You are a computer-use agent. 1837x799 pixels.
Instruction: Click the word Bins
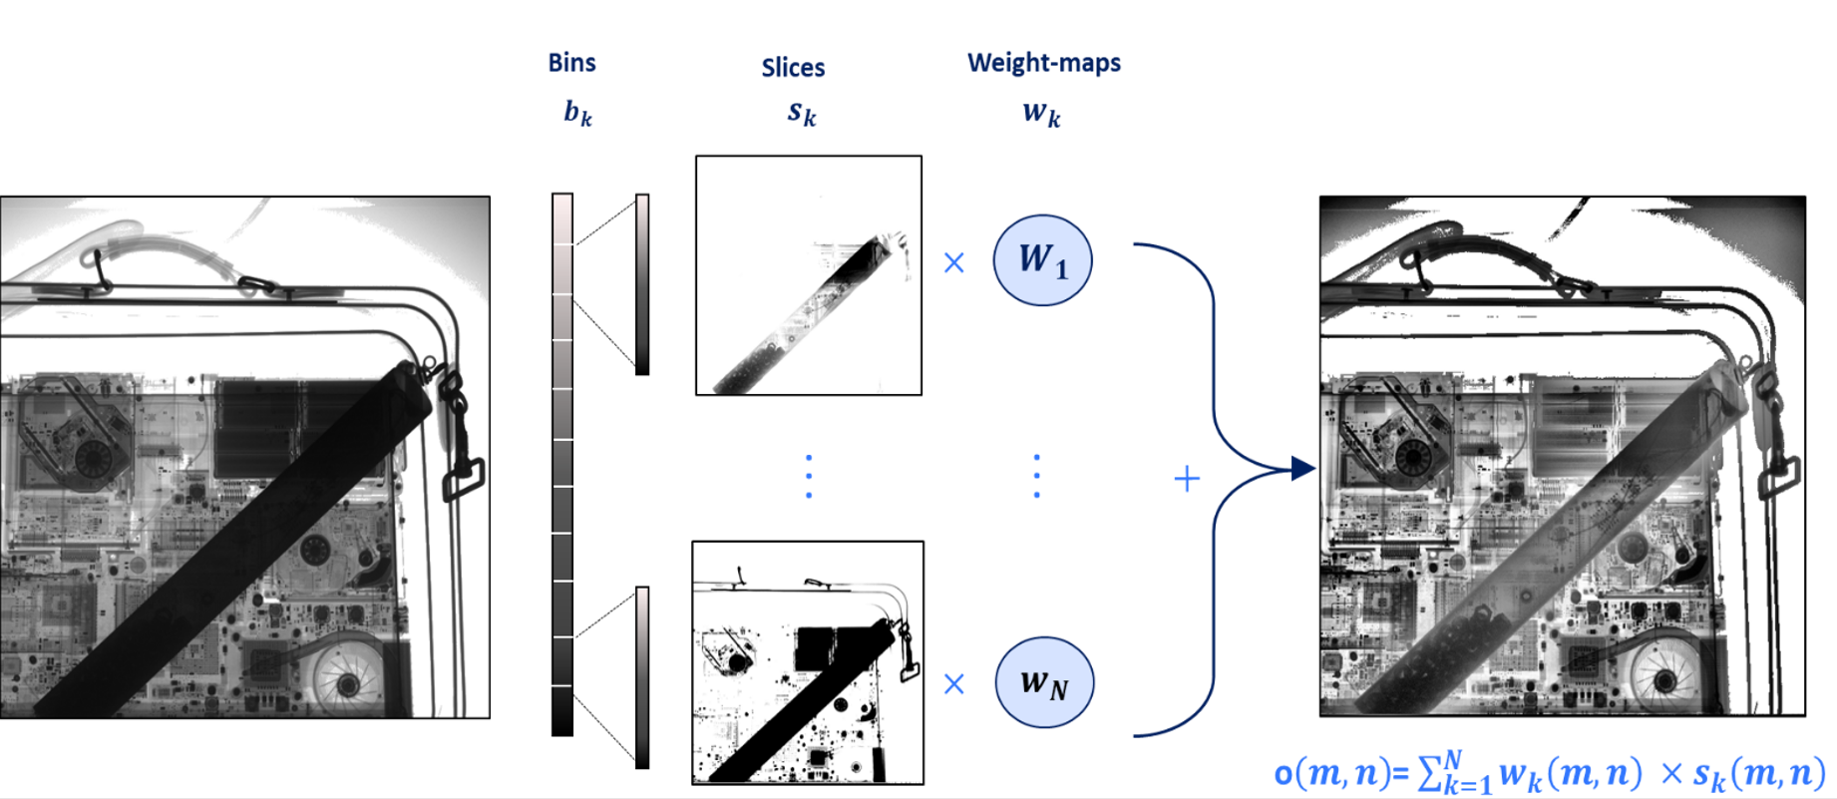coord(571,63)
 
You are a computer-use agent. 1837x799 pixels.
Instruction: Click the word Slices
coord(793,68)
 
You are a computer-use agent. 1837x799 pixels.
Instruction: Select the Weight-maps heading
coord(1043,63)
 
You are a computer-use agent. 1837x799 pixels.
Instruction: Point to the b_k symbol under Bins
coord(577,113)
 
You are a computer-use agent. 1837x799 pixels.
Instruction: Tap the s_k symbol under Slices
coord(802,113)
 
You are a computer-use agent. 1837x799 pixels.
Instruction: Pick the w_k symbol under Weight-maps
coord(1041,113)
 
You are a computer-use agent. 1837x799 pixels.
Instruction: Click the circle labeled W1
coord(1042,260)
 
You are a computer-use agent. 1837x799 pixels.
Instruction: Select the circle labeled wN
coord(1044,682)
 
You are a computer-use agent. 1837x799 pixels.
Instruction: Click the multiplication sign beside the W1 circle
coord(954,262)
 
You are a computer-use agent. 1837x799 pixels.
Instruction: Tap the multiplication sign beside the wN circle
coord(954,683)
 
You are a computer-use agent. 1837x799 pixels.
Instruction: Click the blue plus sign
coord(1187,480)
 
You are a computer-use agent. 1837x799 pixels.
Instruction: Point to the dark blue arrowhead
coord(1302,468)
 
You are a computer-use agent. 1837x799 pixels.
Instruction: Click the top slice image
coord(808,275)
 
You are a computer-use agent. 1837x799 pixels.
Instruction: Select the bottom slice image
coord(808,662)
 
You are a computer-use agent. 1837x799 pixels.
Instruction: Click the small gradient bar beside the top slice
coord(642,284)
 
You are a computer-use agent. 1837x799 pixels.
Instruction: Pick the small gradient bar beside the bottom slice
coord(642,677)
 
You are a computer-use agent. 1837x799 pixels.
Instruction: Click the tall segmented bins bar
coord(562,464)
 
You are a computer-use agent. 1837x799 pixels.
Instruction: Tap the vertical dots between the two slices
coord(809,476)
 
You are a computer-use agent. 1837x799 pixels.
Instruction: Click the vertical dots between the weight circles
coord(1037,476)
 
